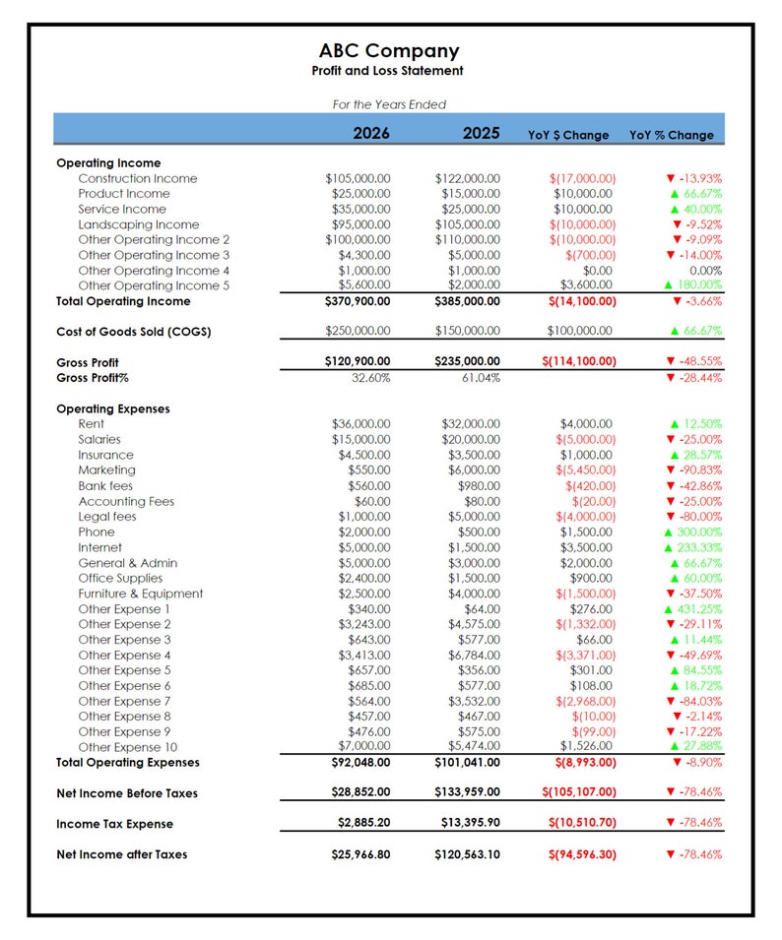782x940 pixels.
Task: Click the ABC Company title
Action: pos(389,51)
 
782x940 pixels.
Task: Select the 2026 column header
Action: pos(371,134)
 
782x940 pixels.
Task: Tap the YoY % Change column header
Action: pos(672,135)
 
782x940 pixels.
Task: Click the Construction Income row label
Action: pos(138,178)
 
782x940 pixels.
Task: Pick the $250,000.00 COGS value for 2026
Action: pos(358,331)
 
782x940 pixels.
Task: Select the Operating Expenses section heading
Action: pos(113,408)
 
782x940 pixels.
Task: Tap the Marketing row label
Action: pos(107,470)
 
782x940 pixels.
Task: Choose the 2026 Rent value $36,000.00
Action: pos(361,424)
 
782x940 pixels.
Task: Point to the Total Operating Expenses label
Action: pos(128,762)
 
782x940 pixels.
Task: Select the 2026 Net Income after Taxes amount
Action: pos(361,854)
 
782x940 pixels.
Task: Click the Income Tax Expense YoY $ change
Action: pos(582,824)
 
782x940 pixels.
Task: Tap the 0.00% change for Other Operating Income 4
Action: pos(705,271)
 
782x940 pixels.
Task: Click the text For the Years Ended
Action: pos(389,104)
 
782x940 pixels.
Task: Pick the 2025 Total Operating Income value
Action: pos(467,301)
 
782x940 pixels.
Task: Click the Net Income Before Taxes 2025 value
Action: pos(467,792)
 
